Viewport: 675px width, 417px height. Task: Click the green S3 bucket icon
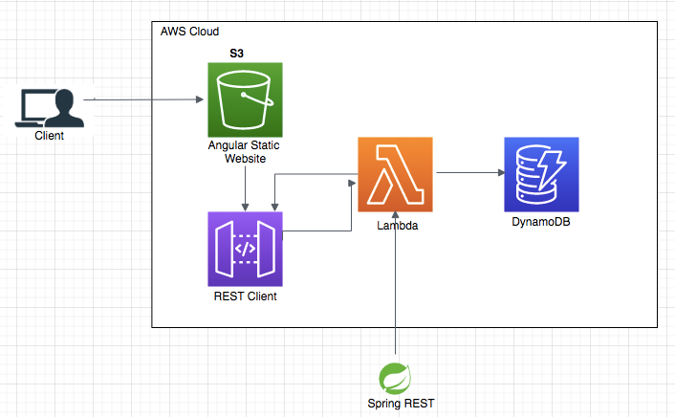[246, 99]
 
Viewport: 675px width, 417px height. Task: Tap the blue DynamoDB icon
[541, 174]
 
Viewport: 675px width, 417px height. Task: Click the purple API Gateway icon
[246, 250]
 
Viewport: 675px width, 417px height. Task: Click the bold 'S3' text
[236, 54]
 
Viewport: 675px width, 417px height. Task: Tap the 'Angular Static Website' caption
[245, 151]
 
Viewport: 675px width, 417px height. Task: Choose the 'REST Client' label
[246, 296]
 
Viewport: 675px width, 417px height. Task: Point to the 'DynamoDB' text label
[541, 222]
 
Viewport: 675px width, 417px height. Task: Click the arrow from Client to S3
[143, 99]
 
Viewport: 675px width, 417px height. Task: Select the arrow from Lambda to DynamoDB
[468, 173]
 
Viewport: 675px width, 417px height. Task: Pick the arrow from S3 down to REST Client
[247, 187]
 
